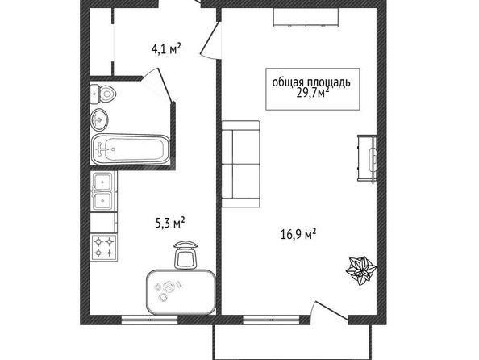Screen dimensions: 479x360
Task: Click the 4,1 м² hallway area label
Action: pos(166,48)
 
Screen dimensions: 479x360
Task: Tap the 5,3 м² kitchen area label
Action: pos(170,223)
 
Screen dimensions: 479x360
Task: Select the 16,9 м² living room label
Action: pos(298,234)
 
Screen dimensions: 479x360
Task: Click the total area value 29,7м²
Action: pos(313,92)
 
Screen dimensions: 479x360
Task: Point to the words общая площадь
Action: pos(311,82)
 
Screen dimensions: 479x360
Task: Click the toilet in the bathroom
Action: pos(102,94)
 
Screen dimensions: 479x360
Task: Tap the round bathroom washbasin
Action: pos(99,119)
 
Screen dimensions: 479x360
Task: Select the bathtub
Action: pos(130,149)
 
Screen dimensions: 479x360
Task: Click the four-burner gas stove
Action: pos(104,248)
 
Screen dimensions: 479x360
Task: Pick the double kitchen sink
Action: pos(103,190)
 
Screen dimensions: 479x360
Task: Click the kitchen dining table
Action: pos(181,291)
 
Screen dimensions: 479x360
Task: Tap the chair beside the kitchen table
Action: pos(185,255)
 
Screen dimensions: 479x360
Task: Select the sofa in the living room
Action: pos(240,164)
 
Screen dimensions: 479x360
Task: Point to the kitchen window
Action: pos(150,320)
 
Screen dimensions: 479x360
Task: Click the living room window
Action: pos(271,320)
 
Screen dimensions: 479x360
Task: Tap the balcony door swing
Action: pos(331,311)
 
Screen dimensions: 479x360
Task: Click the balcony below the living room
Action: pos(293,341)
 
